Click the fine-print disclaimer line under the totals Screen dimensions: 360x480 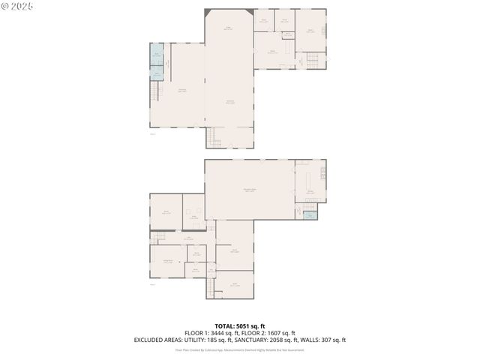pos(239,349)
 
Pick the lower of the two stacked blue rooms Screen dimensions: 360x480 pos(157,73)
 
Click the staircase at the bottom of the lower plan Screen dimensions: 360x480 pos(211,287)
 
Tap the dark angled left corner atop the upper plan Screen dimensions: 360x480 pos(207,13)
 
